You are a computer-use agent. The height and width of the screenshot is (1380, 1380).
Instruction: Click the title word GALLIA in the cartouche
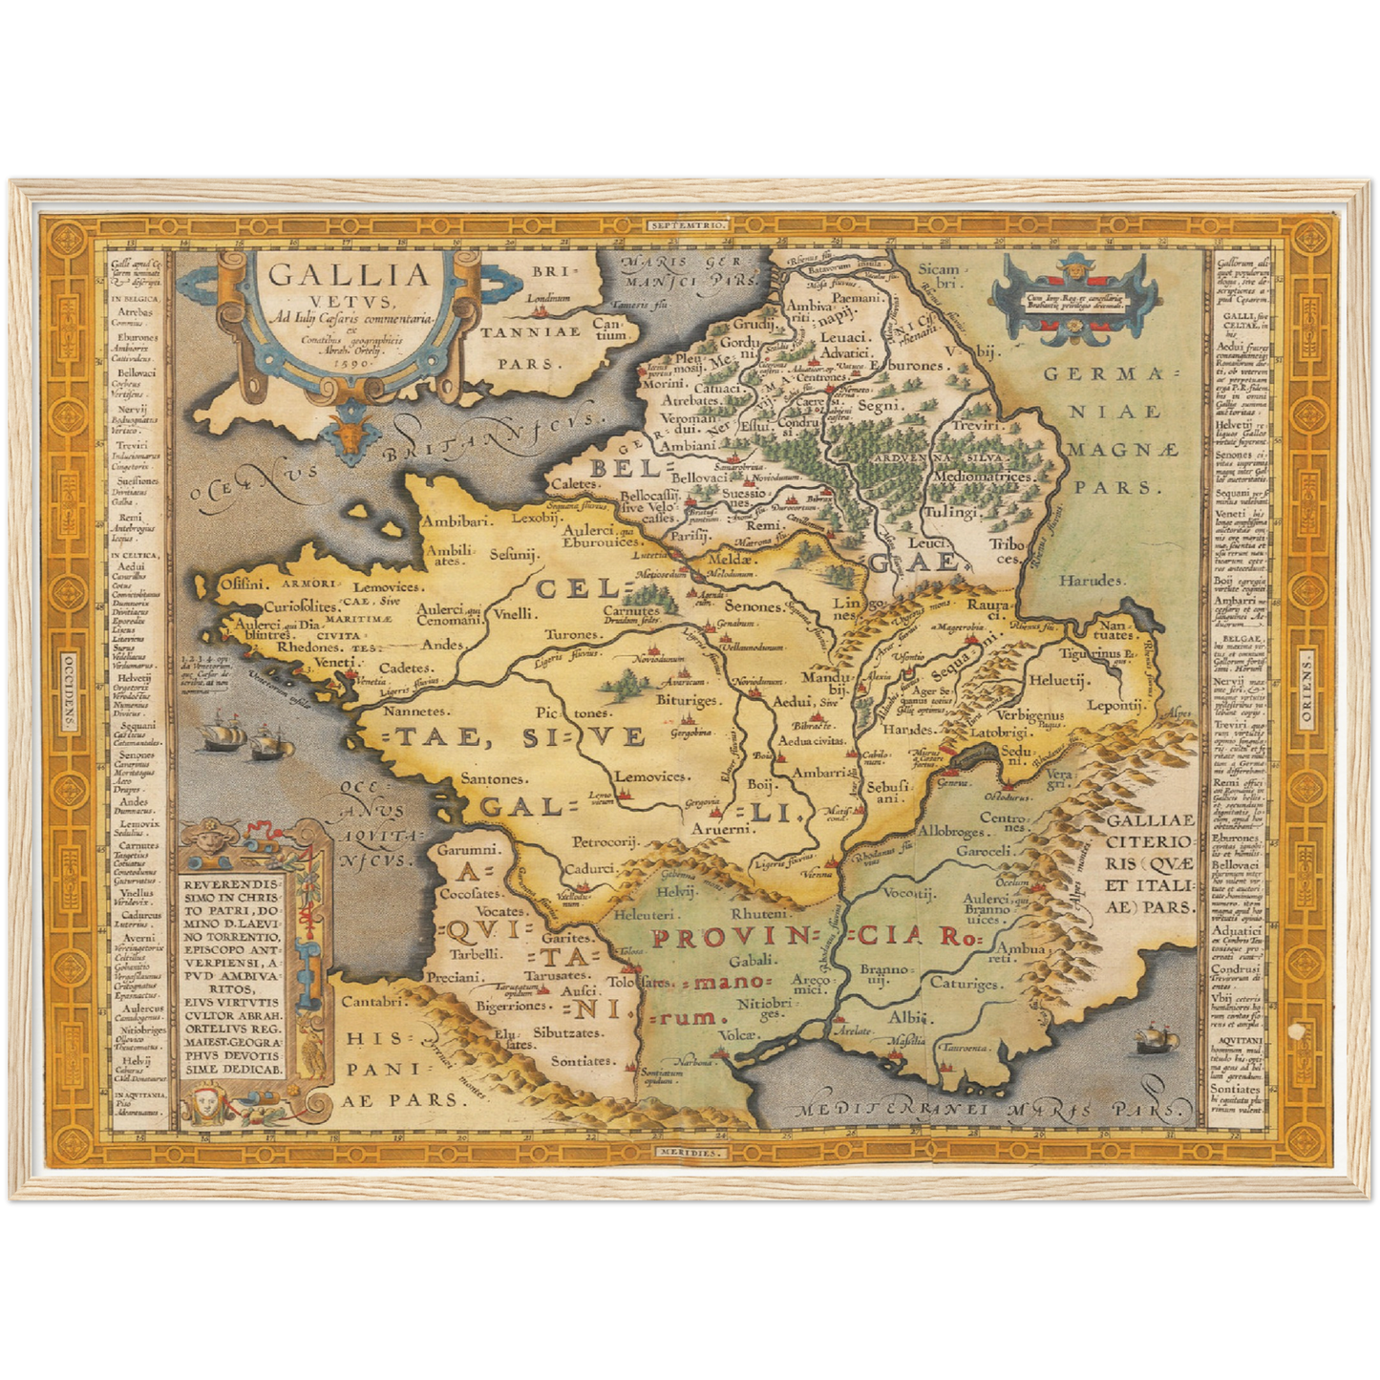[349, 275]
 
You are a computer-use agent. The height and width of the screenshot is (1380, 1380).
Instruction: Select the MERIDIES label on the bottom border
[689, 1153]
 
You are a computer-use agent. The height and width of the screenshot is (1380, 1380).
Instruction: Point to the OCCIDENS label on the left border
[68, 690]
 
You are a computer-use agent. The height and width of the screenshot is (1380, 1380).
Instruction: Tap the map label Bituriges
[687, 701]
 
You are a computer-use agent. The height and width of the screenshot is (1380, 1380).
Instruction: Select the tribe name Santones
[493, 779]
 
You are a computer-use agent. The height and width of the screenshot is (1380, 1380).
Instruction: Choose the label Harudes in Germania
[1093, 581]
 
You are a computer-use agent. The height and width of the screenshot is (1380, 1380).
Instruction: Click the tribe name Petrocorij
[605, 842]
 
